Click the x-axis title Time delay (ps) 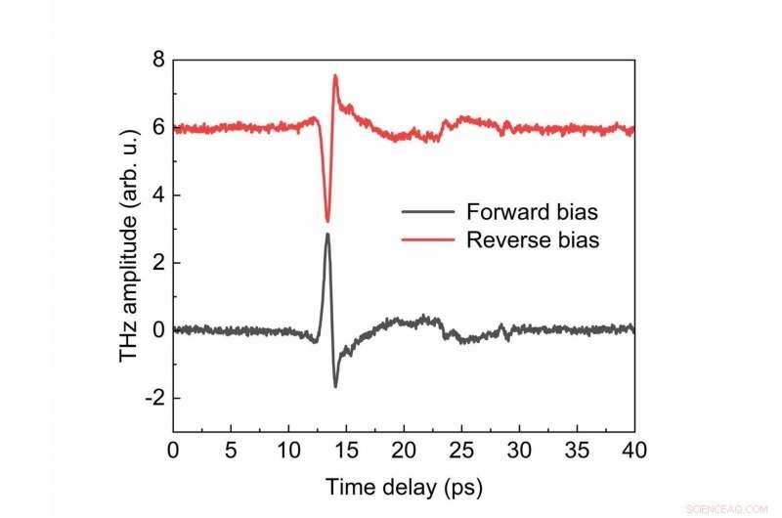click(404, 486)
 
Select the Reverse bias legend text click(533, 239)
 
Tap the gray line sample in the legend click(427, 212)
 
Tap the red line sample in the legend click(427, 239)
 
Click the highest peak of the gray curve click(327, 235)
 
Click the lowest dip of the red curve click(327, 221)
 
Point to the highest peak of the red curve click(335, 76)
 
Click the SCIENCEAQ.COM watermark click(729, 508)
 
